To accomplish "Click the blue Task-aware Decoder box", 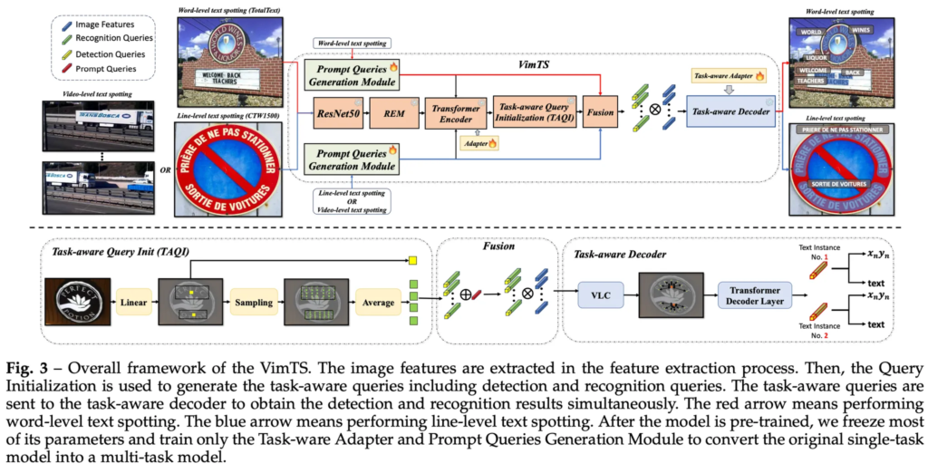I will (730, 112).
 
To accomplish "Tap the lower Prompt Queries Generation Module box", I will (350, 159).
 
